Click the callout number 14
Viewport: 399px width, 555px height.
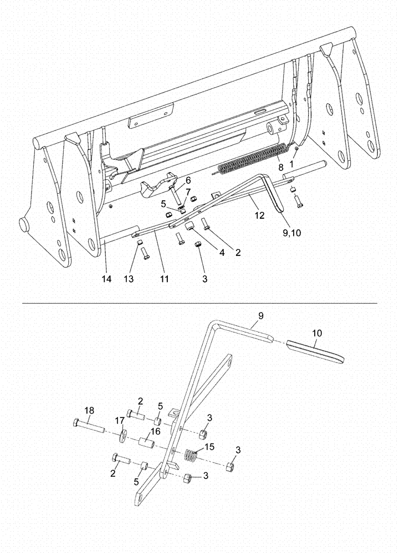(x=106, y=279)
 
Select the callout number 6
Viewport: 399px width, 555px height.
(x=188, y=180)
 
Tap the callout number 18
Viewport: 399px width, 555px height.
(x=89, y=410)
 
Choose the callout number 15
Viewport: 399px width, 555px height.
(x=208, y=446)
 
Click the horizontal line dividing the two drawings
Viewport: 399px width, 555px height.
(x=199, y=304)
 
